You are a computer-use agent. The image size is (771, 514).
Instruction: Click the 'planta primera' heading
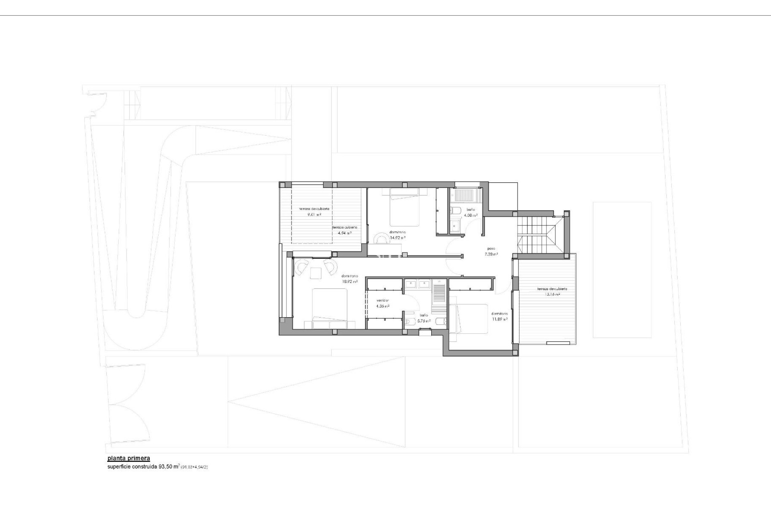click(x=128, y=458)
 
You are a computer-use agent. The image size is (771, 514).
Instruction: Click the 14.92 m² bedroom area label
click(x=398, y=237)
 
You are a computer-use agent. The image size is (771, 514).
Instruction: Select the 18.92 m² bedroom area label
click(x=349, y=281)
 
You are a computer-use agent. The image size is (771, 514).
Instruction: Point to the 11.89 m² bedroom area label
click(x=500, y=319)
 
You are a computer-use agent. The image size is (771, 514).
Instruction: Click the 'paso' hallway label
click(x=491, y=249)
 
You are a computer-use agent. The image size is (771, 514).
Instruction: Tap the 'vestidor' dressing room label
click(x=383, y=300)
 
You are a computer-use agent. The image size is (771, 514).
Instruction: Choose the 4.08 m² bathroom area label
click(x=470, y=215)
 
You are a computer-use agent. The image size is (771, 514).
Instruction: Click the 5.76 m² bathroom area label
click(x=424, y=321)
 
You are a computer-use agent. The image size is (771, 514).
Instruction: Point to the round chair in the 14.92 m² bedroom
click(x=381, y=239)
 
